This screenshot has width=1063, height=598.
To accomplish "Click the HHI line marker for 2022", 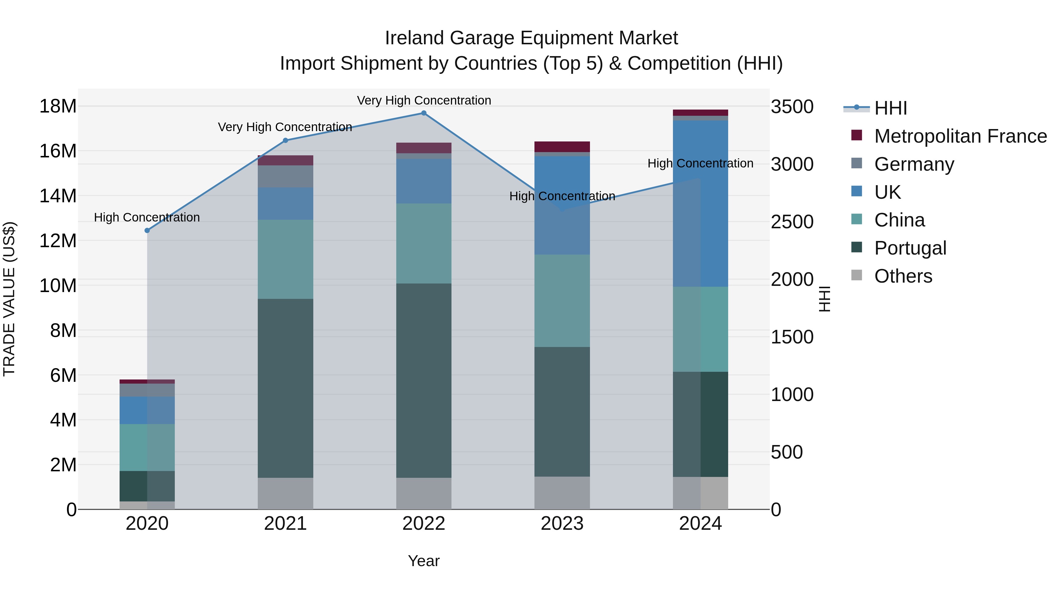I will tap(423, 113).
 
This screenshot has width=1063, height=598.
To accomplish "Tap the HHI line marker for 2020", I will tap(147, 230).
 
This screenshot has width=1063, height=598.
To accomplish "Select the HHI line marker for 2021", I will tap(285, 140).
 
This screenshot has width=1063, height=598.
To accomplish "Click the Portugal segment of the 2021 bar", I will tap(285, 388).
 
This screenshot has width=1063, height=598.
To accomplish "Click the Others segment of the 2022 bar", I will tap(423, 493).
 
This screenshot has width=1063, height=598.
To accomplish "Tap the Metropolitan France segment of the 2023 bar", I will tap(562, 146).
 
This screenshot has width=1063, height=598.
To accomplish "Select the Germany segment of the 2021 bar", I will tap(285, 176).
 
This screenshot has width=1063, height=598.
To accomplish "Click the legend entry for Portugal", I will tap(910, 248).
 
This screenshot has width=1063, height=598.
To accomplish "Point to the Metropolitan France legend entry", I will tap(960, 136).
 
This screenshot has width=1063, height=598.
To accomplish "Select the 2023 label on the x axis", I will tap(562, 524).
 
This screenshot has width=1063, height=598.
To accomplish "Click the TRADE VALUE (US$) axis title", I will tap(9, 299).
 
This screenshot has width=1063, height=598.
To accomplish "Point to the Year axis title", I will tap(423, 561).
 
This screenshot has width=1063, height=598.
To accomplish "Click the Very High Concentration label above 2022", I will tap(424, 100).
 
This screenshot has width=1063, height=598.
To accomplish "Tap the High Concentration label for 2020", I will tap(147, 217).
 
